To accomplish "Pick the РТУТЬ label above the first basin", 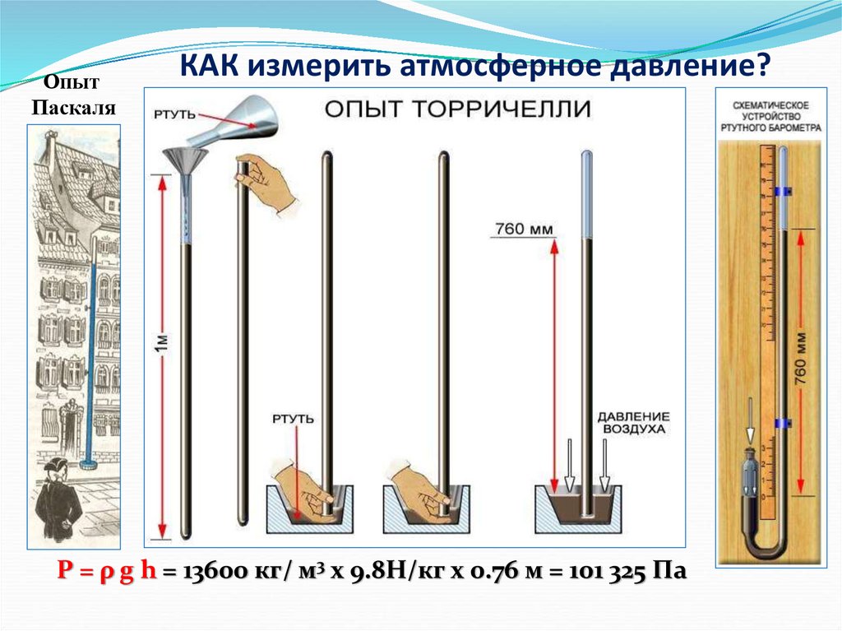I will [293, 419].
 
